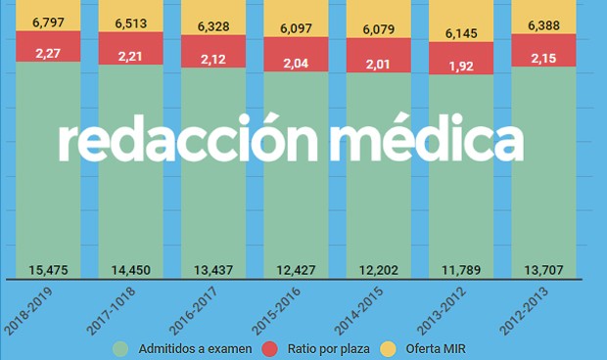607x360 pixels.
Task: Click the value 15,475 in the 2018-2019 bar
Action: point(48,269)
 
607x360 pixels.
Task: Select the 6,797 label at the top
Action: point(48,20)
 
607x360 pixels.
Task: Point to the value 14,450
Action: point(130,269)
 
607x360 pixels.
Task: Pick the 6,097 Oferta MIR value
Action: point(296,28)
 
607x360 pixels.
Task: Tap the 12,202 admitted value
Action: point(378,269)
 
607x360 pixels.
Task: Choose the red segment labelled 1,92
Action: point(460,68)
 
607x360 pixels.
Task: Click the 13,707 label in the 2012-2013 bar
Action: point(543,269)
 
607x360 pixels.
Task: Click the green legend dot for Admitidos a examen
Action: point(121,347)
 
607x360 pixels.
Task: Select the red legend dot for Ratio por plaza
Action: point(270,347)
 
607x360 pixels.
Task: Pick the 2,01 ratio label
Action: point(378,64)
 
